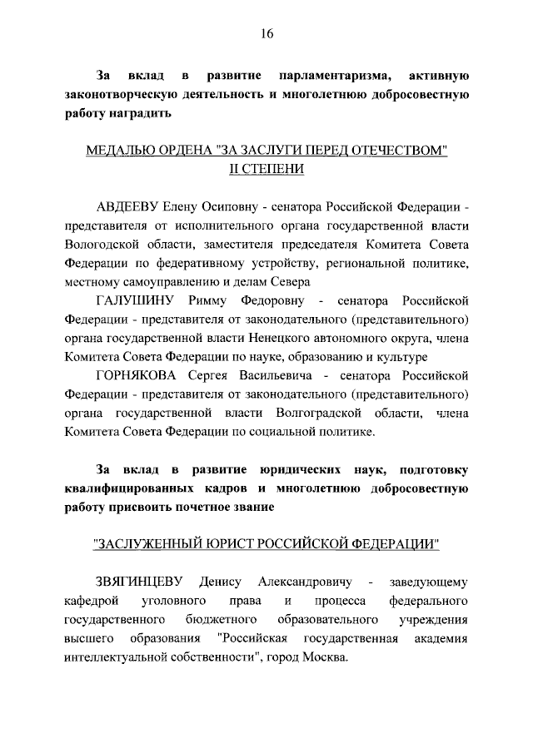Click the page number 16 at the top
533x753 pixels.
(266, 34)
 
